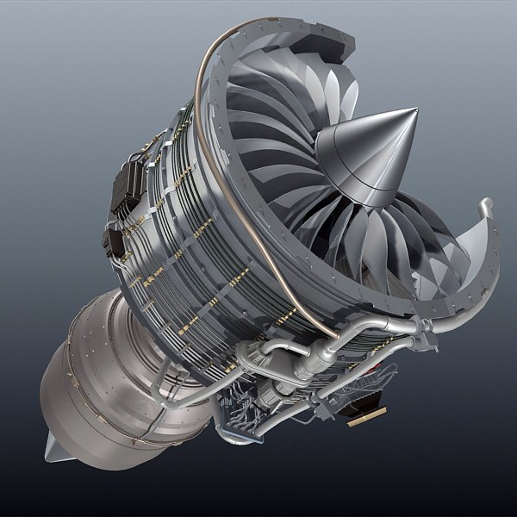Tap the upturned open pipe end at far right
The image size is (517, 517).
coord(487,208)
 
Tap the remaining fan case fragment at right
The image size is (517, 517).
coord(483,258)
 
